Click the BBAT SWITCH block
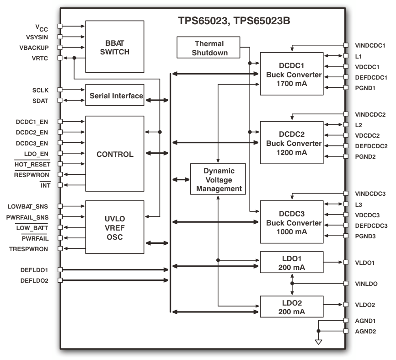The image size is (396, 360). tap(114, 46)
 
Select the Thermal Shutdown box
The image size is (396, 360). tap(209, 48)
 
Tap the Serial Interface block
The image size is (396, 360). tap(114, 95)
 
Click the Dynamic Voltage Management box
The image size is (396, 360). tap(218, 179)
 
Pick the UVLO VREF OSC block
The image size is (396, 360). tap(114, 226)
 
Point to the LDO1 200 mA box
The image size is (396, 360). tap(291, 263)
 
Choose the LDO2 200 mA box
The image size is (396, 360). tap(291, 307)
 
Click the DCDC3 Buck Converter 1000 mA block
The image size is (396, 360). tap(291, 222)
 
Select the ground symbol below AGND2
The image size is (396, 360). tap(319, 342)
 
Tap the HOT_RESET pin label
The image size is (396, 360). tap(32, 164)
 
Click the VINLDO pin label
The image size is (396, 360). tap(366, 284)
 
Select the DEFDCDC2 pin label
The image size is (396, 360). tap(371, 146)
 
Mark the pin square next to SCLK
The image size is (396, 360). tap(59, 90)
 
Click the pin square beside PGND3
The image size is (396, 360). tap(346, 236)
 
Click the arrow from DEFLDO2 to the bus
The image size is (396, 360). tap(114, 280)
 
